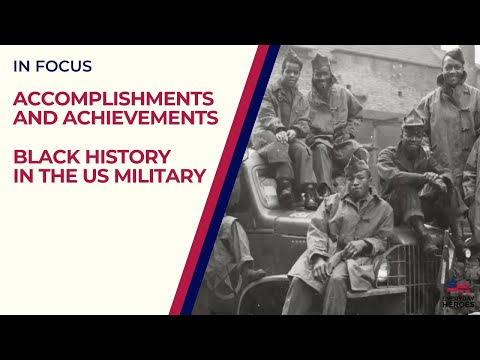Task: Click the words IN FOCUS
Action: (52, 67)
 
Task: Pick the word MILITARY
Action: (159, 176)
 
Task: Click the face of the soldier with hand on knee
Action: (413, 135)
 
